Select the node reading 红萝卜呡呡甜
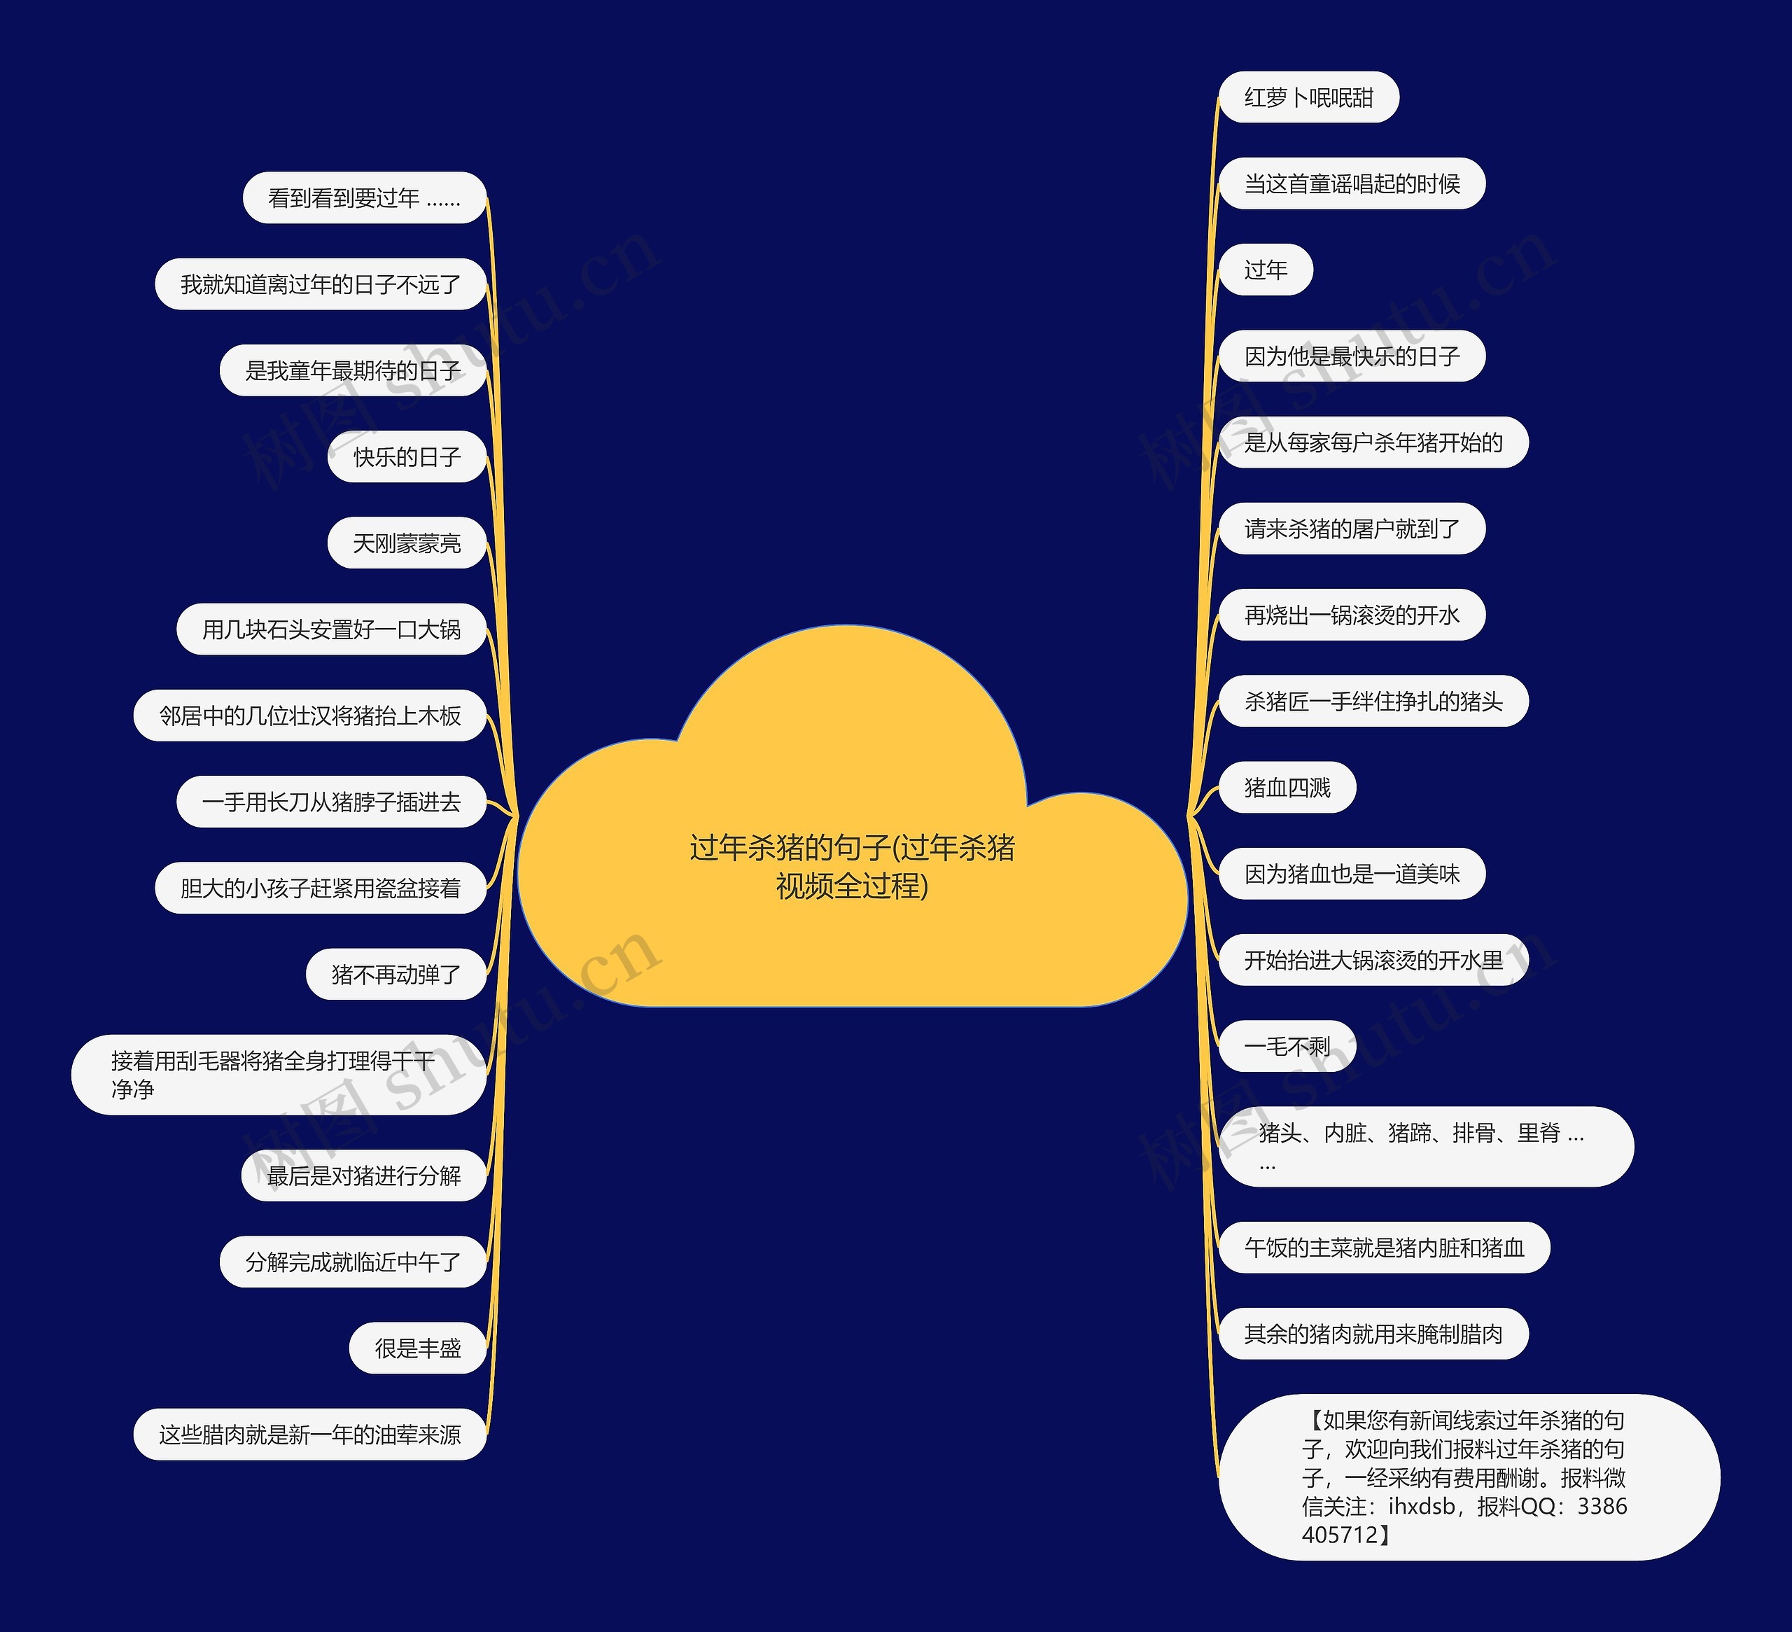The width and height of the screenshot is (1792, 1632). pyautogui.click(x=1308, y=98)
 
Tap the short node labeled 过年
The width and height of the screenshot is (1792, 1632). pyautogui.click(x=1265, y=270)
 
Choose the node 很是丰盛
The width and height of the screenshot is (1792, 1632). pyautogui.click(x=418, y=1348)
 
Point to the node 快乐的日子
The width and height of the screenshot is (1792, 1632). pyautogui.click(x=407, y=457)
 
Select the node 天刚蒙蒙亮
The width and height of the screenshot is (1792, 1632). pyautogui.click(x=407, y=543)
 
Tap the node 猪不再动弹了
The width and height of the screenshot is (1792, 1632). pyautogui.click(x=396, y=975)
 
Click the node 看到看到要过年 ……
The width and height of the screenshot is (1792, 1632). pyautogui.click(x=365, y=198)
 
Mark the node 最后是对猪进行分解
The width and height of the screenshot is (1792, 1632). pyautogui.click(x=365, y=1176)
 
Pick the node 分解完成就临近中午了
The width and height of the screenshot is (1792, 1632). pyautogui.click(x=353, y=1262)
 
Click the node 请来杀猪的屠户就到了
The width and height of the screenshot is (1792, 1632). pyautogui.click(x=1351, y=529)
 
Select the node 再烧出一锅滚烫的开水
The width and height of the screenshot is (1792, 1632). pyautogui.click(x=1351, y=615)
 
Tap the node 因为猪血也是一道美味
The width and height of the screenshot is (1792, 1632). pyautogui.click(x=1351, y=874)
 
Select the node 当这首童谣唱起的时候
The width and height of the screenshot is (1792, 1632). pyautogui.click(x=1351, y=184)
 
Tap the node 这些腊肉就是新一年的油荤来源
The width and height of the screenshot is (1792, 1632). pyautogui.click(x=310, y=1435)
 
